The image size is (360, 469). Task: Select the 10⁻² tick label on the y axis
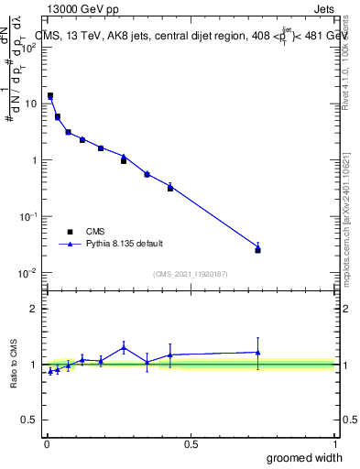point(28,273)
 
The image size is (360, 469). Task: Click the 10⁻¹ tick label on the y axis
point(28,216)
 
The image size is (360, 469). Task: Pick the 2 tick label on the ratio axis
point(33,309)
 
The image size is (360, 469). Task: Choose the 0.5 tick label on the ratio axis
point(28,420)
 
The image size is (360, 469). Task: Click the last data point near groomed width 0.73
point(258,248)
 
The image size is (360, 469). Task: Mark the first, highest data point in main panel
point(50,96)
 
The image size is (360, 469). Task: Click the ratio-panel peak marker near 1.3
point(124,347)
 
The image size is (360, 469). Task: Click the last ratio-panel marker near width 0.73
point(258,353)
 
